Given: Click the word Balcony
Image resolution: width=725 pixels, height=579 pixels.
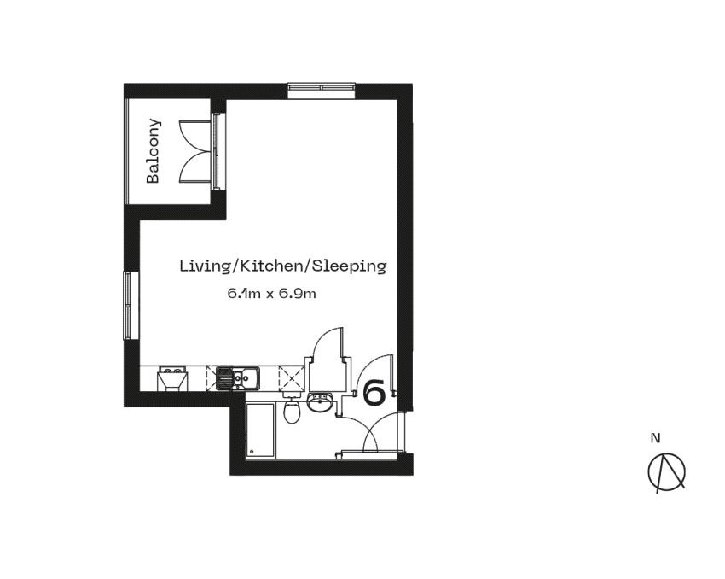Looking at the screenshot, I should coord(154,150).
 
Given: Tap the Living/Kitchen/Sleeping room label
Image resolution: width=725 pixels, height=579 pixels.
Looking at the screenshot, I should coord(282,266).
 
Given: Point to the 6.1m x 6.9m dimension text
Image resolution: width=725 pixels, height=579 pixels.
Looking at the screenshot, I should coord(271,294).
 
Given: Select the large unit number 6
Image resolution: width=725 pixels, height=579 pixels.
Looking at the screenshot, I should coord(374,393).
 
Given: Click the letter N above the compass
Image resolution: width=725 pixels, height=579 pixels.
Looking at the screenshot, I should coord(655,439).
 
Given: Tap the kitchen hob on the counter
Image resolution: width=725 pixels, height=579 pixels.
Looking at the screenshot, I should coord(173,377).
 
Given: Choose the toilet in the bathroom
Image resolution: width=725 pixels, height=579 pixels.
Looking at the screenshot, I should coord(293,412).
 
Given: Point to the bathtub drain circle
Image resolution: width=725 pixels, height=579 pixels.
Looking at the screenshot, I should coord(252,451).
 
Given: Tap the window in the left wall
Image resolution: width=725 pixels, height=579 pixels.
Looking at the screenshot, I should coord(129,305).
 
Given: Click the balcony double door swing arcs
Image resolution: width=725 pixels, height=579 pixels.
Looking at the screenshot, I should coord(195,150).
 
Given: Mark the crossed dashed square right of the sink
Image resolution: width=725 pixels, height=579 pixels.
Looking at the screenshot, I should coord(292,377).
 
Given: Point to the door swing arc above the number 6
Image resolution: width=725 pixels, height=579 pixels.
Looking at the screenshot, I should coord(374,370).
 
